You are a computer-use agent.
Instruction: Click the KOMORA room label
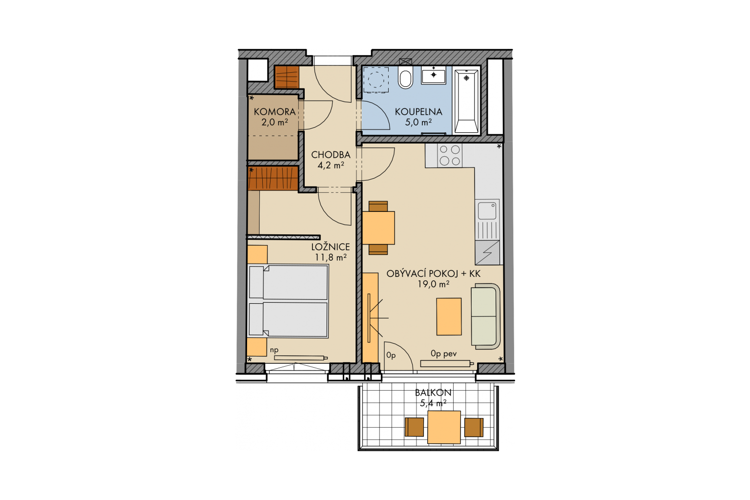click(x=274, y=111)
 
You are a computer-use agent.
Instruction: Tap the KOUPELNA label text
click(x=418, y=112)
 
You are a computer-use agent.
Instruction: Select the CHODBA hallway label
click(x=331, y=155)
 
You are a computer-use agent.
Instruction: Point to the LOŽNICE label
click(x=331, y=247)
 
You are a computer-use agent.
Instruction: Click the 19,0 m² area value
click(x=433, y=284)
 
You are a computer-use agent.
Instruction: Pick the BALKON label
click(x=433, y=393)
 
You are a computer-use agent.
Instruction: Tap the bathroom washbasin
click(x=434, y=75)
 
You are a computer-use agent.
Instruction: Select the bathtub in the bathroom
click(x=466, y=101)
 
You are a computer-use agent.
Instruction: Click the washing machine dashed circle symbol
click(x=376, y=80)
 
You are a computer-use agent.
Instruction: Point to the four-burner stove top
click(x=450, y=155)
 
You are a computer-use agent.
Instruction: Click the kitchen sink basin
click(x=487, y=210)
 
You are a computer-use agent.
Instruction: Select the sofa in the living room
click(x=485, y=316)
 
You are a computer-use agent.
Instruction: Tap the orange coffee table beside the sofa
click(x=449, y=316)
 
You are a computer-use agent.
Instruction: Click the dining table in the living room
click(x=378, y=228)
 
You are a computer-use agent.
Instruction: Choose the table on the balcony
click(x=444, y=427)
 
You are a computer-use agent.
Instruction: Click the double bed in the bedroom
click(x=288, y=301)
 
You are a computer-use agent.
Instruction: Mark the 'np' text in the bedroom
click(x=274, y=350)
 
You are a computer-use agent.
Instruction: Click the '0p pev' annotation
click(x=444, y=354)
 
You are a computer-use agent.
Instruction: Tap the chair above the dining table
click(x=378, y=206)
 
